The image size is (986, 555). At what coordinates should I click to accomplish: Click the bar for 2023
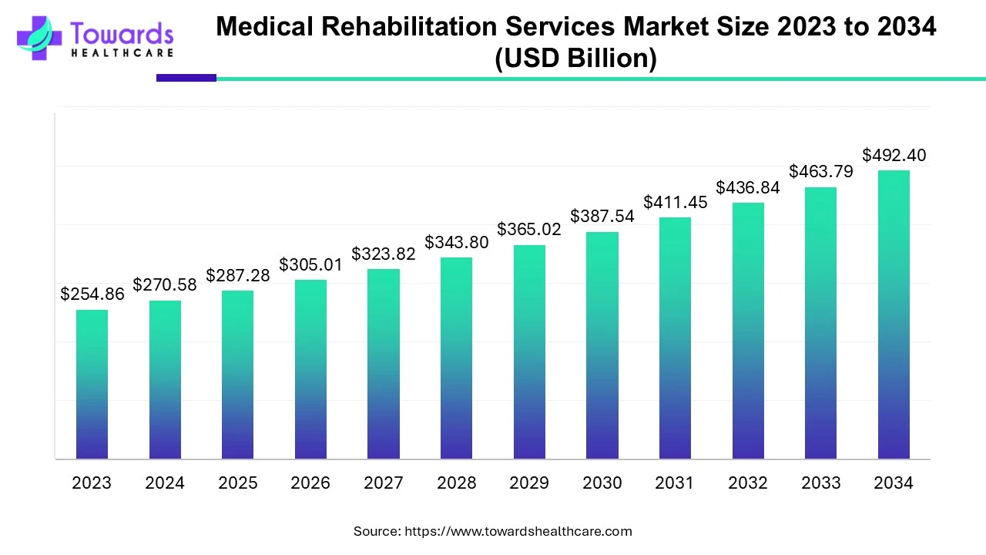[x=92, y=385]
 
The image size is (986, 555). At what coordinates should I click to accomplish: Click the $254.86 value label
[x=92, y=294]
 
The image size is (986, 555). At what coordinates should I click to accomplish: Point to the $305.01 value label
[x=310, y=264]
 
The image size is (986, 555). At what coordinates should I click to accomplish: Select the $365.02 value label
[x=529, y=229]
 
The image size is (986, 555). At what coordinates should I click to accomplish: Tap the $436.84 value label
[x=748, y=187]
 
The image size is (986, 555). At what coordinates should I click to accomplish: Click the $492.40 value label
[x=894, y=155]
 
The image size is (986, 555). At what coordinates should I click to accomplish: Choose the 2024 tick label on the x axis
[x=165, y=483]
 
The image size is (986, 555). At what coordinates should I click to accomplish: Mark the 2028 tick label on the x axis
[x=456, y=483]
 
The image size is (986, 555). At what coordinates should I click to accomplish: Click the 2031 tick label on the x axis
[x=675, y=483]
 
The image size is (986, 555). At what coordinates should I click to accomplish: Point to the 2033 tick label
[x=820, y=483]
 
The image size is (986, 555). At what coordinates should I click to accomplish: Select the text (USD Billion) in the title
[x=575, y=59]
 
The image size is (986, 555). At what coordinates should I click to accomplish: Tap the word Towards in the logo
[x=122, y=34]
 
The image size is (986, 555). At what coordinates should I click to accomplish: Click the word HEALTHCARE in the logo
[x=122, y=53]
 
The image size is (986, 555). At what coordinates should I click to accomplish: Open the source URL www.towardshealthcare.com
[x=518, y=531]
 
